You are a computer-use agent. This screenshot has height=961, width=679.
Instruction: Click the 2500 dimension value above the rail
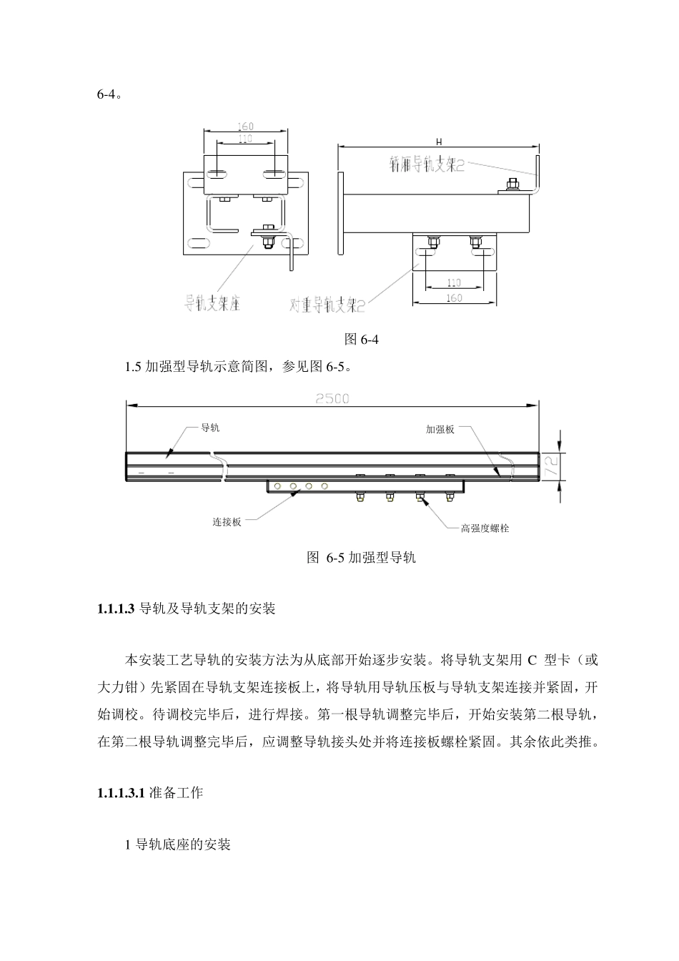(x=332, y=398)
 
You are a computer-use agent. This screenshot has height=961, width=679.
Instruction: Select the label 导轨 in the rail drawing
(x=210, y=428)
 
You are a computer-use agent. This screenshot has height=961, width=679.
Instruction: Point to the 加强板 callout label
(x=440, y=430)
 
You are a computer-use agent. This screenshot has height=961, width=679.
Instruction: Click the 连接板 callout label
(x=227, y=522)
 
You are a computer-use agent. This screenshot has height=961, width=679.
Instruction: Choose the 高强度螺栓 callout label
(x=485, y=528)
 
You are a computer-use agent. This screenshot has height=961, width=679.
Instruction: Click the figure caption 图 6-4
(x=362, y=339)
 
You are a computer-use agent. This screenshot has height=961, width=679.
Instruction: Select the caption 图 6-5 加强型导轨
(x=361, y=558)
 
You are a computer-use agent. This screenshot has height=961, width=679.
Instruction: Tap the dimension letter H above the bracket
(x=438, y=142)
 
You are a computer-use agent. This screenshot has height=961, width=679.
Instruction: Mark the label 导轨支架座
(x=212, y=303)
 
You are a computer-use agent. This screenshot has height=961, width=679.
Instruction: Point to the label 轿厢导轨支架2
(x=427, y=166)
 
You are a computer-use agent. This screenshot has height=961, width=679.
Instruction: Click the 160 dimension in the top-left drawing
(x=245, y=127)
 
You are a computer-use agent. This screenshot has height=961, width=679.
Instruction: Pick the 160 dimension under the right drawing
(x=454, y=298)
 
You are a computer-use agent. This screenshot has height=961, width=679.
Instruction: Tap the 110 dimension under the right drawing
(x=454, y=283)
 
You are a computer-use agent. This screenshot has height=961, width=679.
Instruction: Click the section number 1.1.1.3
(x=116, y=609)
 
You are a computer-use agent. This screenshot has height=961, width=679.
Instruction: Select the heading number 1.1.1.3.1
(x=122, y=793)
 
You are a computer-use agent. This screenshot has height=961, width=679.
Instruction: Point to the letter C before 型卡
(x=532, y=659)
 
